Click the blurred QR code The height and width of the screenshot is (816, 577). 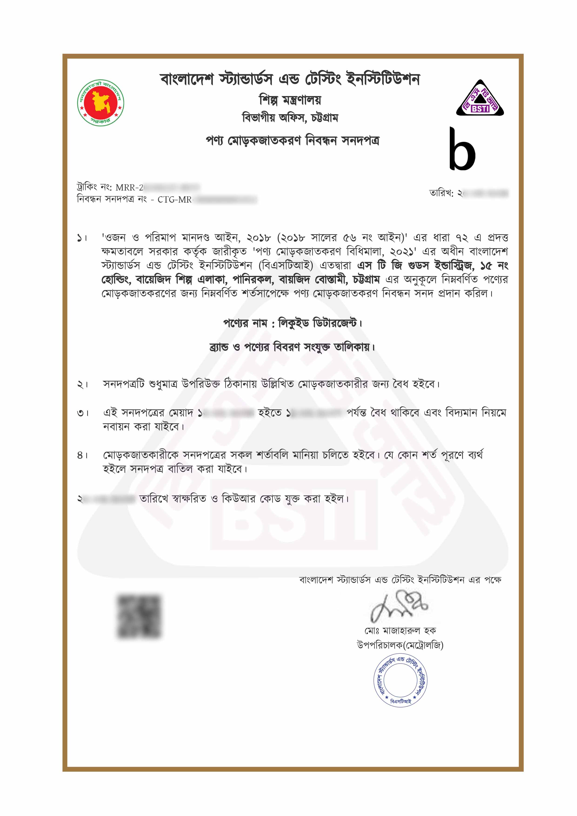point(139,616)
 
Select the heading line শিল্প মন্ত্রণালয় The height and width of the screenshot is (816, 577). point(290,100)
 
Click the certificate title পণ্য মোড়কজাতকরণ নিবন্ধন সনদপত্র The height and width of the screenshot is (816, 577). point(292,141)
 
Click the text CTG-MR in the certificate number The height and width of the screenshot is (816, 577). point(174,200)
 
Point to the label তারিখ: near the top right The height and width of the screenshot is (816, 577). point(441,193)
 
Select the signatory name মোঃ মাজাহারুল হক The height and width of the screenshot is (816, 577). point(400,631)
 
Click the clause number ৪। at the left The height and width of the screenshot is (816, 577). point(82,455)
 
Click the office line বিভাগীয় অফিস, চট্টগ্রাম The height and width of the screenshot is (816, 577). point(290,118)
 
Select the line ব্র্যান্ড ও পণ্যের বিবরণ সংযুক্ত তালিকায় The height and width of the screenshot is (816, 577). point(292,347)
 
